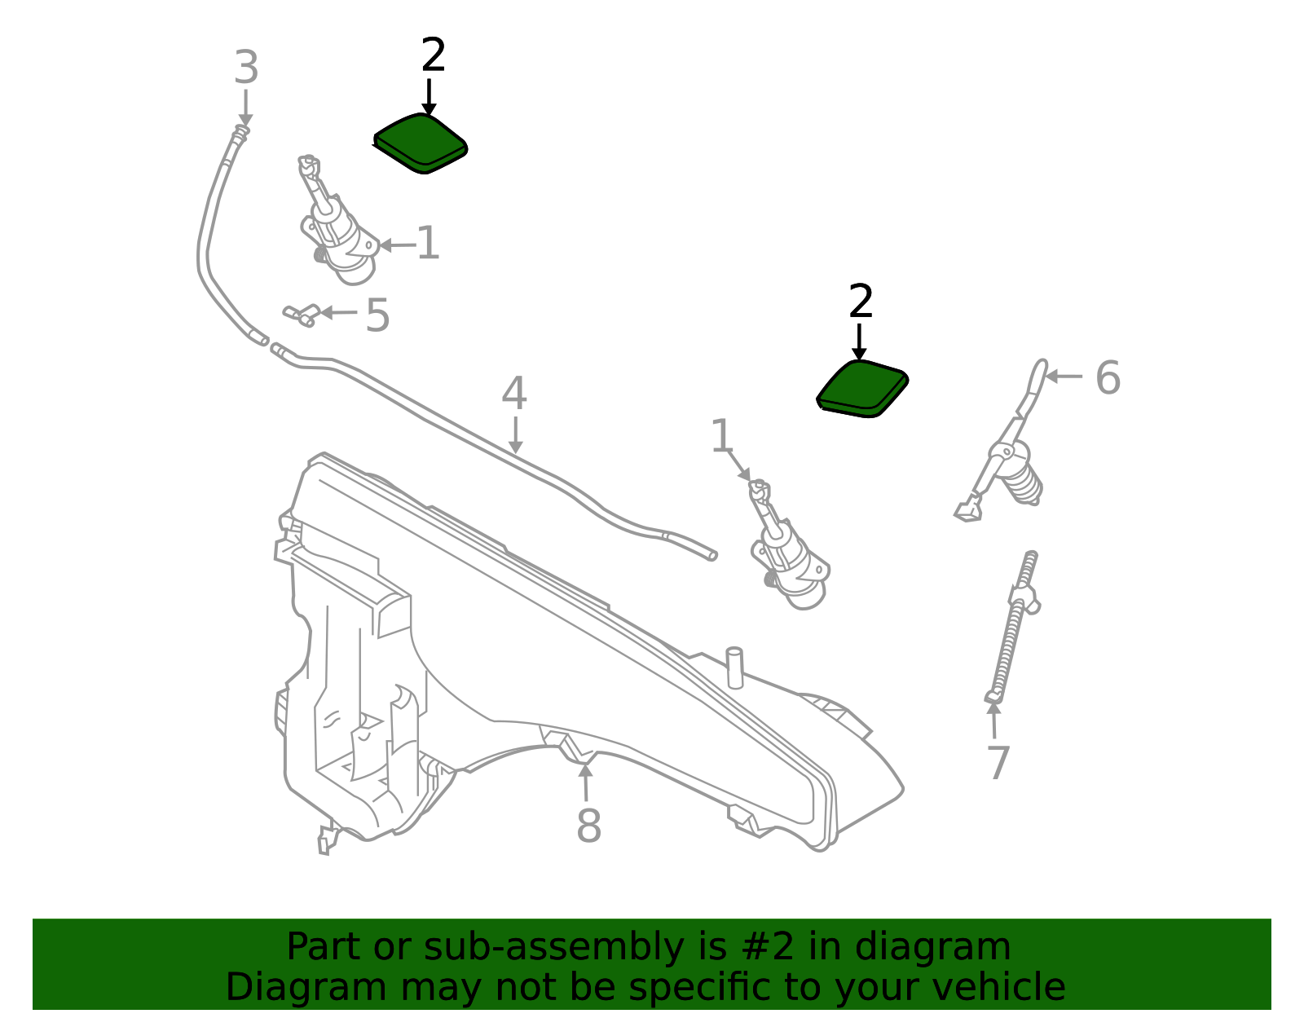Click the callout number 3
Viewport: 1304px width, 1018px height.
click(246, 67)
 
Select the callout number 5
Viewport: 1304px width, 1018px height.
click(377, 315)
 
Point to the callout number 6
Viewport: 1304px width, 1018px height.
click(1108, 377)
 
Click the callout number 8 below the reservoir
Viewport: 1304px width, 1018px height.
click(588, 826)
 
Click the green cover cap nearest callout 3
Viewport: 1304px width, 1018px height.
click(421, 143)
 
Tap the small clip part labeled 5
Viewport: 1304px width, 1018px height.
click(302, 315)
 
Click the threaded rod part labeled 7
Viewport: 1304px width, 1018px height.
click(1014, 627)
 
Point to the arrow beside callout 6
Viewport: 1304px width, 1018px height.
click(1064, 377)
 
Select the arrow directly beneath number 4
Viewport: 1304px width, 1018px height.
click(515, 435)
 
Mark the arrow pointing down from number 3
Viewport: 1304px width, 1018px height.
click(245, 108)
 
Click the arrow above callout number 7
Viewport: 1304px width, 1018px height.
click(993, 719)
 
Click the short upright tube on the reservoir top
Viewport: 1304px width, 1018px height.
click(734, 667)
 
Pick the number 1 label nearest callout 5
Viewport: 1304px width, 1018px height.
click(428, 243)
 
